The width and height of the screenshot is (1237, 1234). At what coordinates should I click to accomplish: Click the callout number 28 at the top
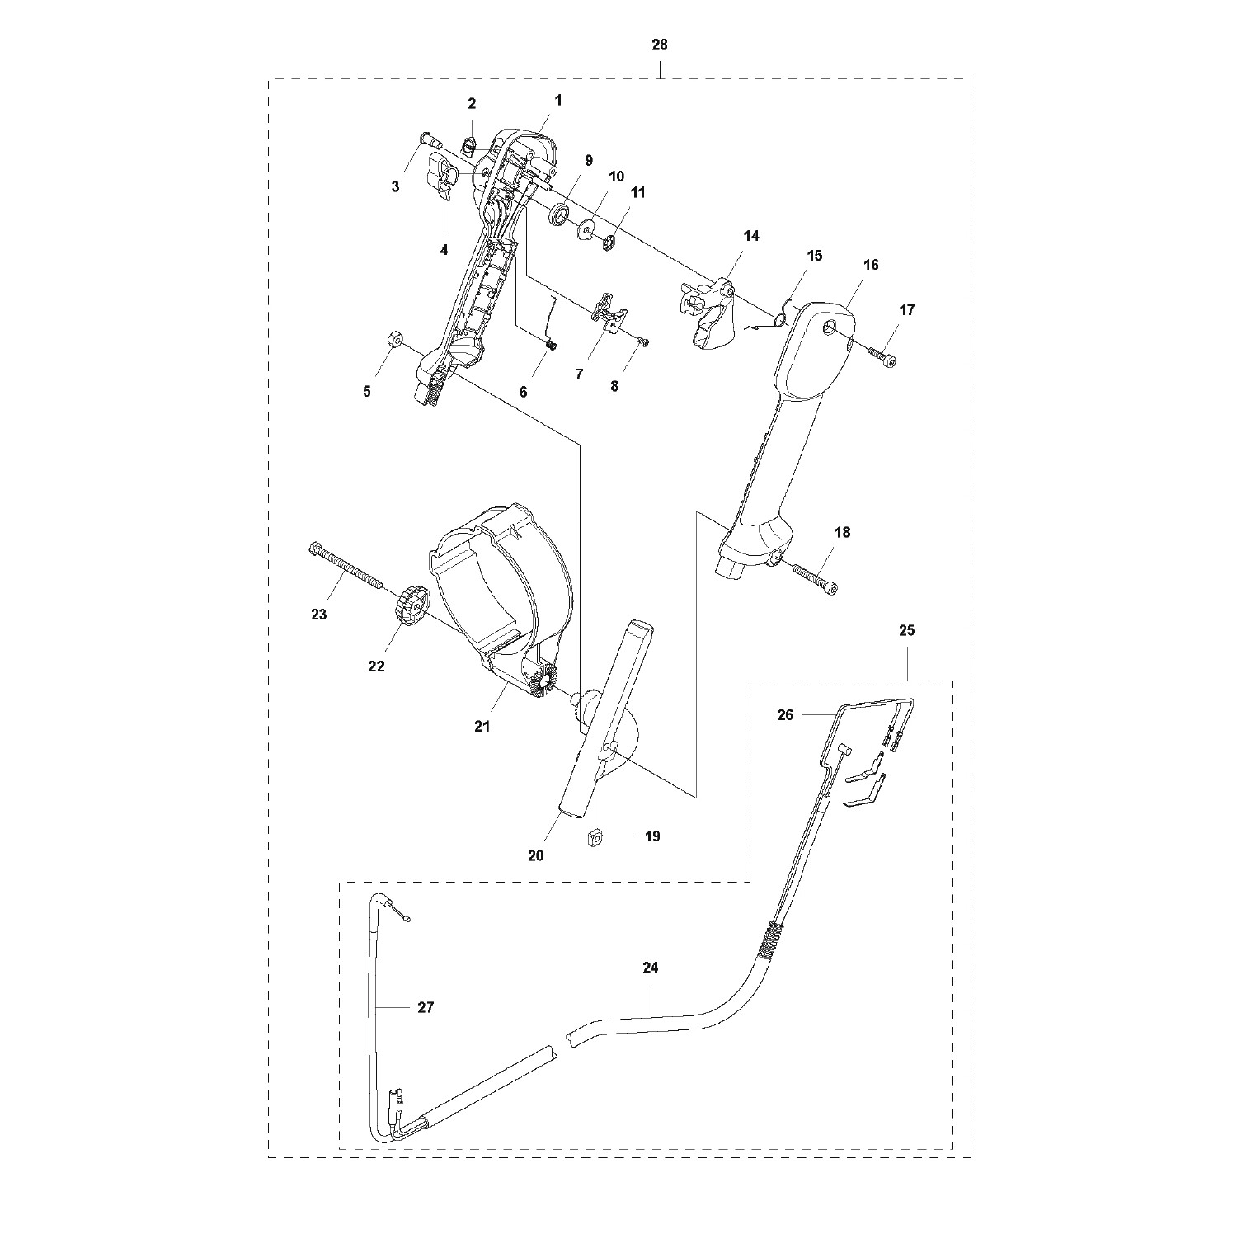pos(659,45)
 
